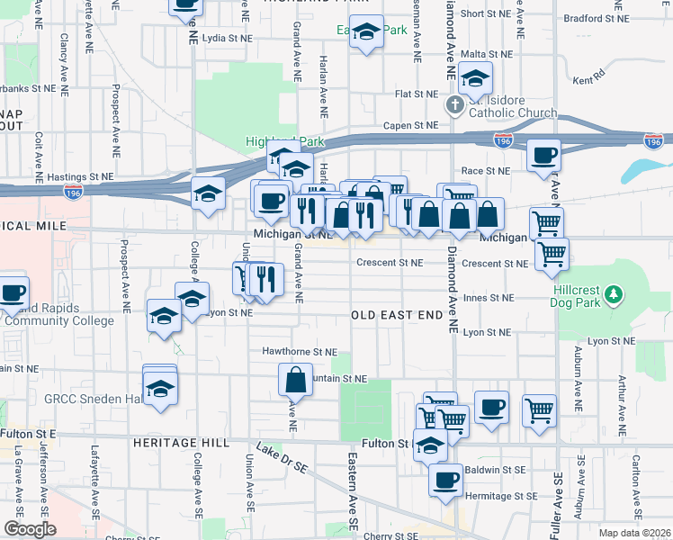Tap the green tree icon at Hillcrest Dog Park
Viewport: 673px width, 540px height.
pyautogui.click(x=615, y=294)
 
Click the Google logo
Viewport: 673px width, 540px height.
pyautogui.click(x=30, y=529)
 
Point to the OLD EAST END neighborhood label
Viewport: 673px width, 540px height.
pyautogui.click(x=396, y=315)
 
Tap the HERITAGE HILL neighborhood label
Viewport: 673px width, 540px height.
pyautogui.click(x=173, y=444)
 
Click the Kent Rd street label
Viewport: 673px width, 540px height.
pyautogui.click(x=588, y=80)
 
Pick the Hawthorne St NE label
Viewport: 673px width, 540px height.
pyautogui.click(x=300, y=352)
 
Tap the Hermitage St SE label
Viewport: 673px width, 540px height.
pyautogui.click(x=500, y=496)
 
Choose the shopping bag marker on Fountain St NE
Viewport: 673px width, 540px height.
pyautogui.click(x=295, y=381)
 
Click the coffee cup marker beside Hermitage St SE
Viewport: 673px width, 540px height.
pyautogui.click(x=445, y=481)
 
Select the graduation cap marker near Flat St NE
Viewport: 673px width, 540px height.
pyautogui.click(x=475, y=78)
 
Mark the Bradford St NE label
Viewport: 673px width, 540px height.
pyautogui.click(x=595, y=18)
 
